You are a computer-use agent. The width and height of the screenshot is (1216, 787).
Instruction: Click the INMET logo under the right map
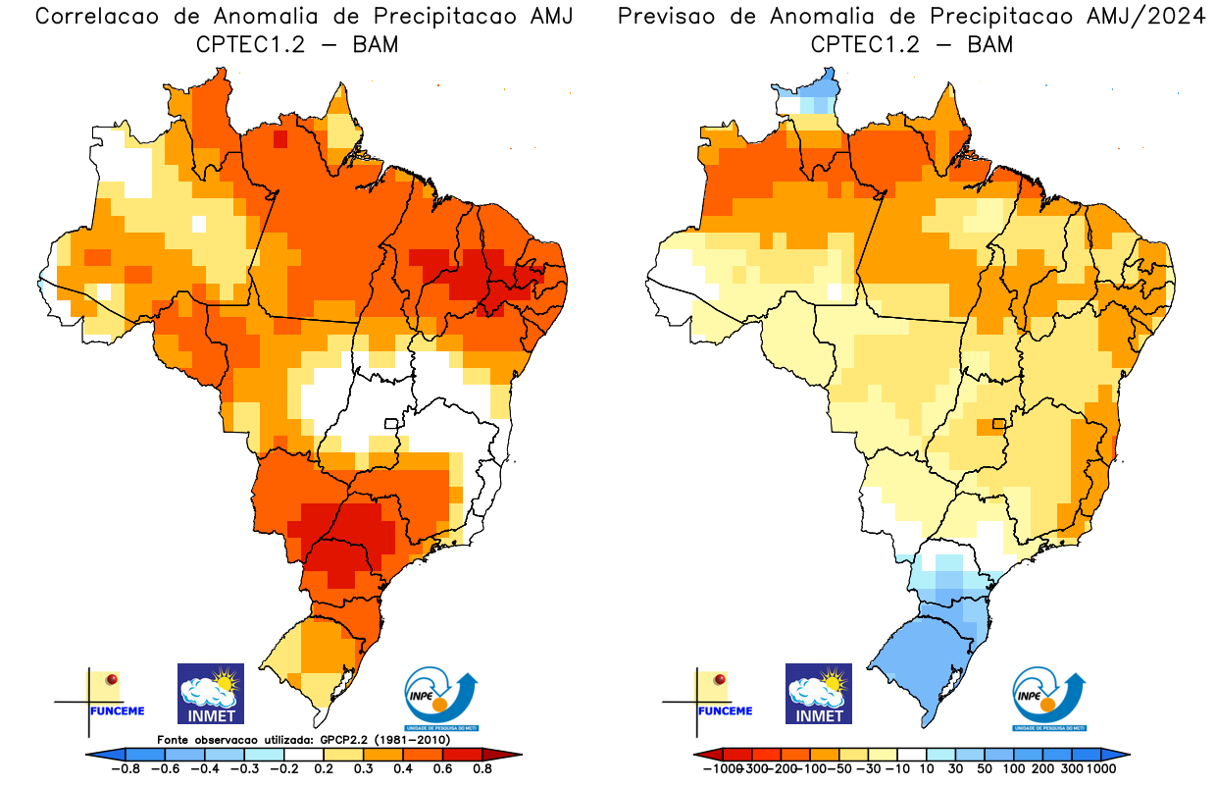(x=819, y=694)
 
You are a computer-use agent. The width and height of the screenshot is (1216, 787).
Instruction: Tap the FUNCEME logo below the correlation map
(x=108, y=699)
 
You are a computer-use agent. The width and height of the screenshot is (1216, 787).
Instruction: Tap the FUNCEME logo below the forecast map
(x=717, y=699)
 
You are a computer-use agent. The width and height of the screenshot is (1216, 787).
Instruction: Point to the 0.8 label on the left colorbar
(x=482, y=769)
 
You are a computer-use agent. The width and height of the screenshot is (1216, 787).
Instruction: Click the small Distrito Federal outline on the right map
(x=999, y=424)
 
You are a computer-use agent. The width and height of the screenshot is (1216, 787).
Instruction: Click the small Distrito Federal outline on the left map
(x=390, y=424)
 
